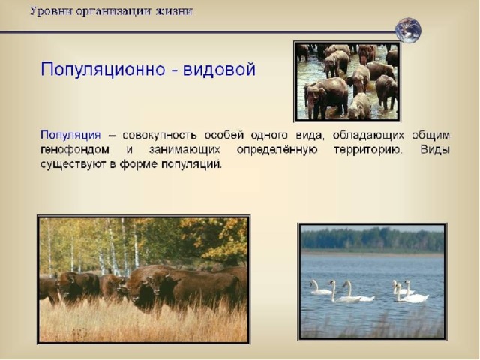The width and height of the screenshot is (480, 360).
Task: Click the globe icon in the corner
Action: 408,30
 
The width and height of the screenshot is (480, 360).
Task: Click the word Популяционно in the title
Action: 103,70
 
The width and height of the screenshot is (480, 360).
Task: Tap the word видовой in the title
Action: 219,69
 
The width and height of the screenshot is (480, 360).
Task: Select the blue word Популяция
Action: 70,135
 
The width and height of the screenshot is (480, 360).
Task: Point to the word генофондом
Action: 75,150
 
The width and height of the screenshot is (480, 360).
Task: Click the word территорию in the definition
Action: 367,150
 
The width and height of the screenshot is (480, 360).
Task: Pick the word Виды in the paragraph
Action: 435,149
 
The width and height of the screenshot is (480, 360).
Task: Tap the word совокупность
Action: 160,135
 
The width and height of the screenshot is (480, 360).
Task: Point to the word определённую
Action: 277,150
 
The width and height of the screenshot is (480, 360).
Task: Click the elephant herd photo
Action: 347,82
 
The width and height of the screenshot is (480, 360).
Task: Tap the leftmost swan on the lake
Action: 320,288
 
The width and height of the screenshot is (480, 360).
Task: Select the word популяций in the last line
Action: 191,165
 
